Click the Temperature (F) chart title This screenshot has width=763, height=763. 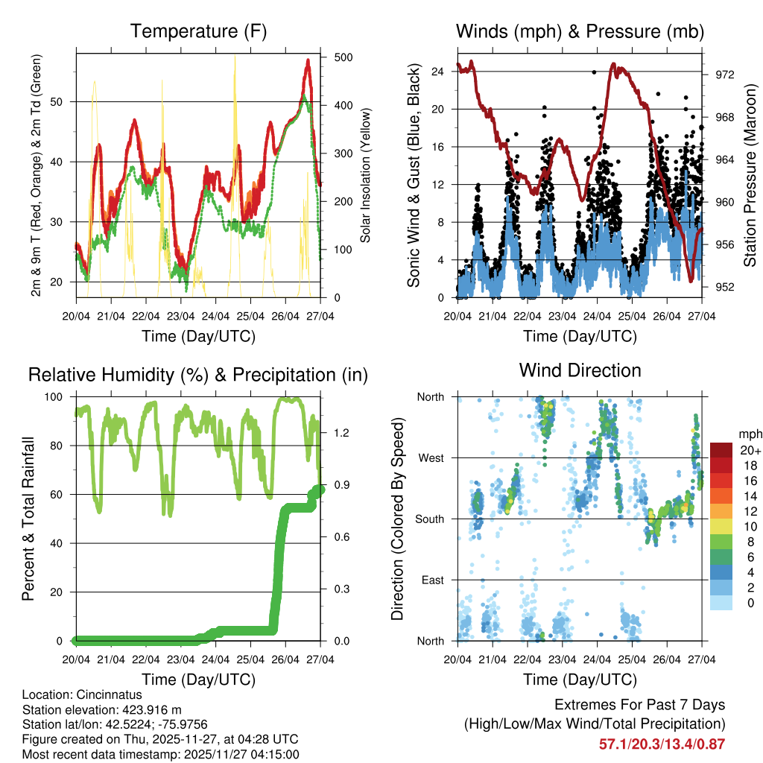click(x=198, y=31)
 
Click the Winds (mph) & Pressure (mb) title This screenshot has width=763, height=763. click(x=580, y=31)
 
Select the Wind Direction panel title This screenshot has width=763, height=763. click(x=580, y=370)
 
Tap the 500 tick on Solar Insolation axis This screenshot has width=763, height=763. click(x=343, y=57)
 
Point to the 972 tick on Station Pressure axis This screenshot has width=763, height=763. click(x=725, y=75)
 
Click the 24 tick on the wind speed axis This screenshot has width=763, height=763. click(x=437, y=72)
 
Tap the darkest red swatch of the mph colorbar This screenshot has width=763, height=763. click(x=721, y=450)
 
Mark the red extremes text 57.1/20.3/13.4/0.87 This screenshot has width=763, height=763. click(x=662, y=744)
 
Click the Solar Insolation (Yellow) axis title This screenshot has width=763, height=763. click(x=366, y=176)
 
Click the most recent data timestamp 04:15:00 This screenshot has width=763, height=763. click(x=276, y=754)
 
